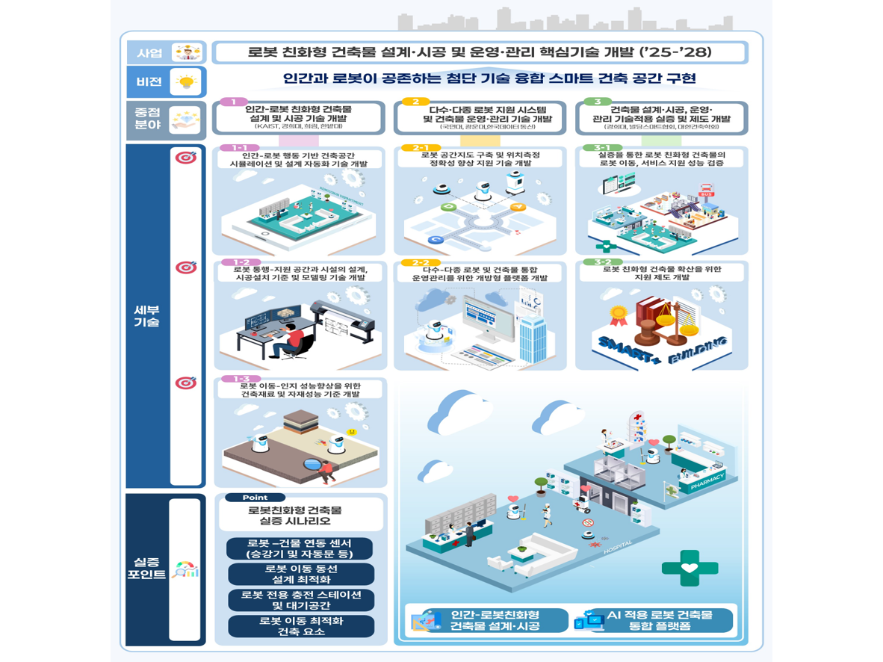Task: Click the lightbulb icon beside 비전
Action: click(185, 81)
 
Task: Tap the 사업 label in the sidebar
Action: click(149, 53)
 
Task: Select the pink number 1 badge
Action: click(234, 102)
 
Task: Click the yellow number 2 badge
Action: click(415, 102)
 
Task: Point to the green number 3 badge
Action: click(598, 102)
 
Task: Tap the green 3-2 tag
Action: click(602, 262)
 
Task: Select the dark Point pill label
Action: click(254, 498)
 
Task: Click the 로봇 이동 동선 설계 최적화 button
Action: click(300, 574)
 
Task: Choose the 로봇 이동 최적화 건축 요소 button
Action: click(300, 626)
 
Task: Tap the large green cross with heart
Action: click(690, 568)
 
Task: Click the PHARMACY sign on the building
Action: click(707, 478)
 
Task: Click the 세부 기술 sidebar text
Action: click(147, 316)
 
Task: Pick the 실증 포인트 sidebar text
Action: click(146, 569)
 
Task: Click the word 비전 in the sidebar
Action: click(149, 81)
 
